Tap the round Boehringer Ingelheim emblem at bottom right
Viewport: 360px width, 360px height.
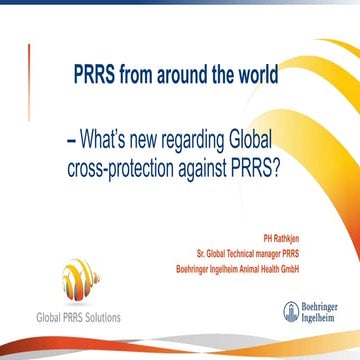(291, 311)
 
